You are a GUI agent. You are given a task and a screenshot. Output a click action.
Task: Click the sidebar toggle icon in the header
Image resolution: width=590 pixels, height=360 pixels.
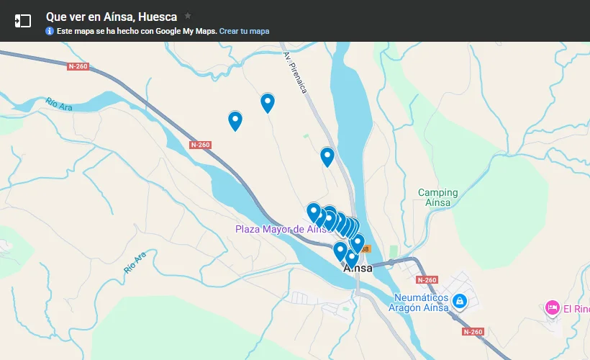[x=23, y=21]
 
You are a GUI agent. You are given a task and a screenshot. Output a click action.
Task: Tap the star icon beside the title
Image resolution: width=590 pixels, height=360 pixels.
[x=188, y=15]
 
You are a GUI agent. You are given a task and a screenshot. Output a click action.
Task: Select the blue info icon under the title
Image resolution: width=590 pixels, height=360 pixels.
[x=50, y=31]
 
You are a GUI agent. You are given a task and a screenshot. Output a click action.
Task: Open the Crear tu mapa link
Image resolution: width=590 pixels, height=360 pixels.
[x=244, y=31]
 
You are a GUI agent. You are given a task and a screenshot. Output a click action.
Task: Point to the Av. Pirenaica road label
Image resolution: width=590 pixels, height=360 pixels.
[x=296, y=72]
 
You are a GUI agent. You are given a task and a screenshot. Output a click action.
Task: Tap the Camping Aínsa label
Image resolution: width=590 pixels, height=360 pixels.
[x=438, y=197]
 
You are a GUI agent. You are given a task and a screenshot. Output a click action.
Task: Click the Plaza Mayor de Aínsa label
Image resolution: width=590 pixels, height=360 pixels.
[x=281, y=229]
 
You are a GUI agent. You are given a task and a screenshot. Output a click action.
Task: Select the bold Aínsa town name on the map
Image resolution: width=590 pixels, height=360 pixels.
[x=358, y=269]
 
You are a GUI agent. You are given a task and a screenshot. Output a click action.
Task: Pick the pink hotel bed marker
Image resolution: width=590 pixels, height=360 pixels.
[x=553, y=308]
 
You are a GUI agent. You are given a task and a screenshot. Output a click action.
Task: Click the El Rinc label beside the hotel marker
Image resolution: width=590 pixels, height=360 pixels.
[x=576, y=310]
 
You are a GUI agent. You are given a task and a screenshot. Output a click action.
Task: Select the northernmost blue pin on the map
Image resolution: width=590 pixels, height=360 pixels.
[x=268, y=102]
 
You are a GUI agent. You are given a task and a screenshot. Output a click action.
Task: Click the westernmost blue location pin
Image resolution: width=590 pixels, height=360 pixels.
[x=235, y=120]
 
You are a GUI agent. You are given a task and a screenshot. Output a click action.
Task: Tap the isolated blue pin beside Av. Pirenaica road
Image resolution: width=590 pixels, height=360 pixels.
[x=327, y=156]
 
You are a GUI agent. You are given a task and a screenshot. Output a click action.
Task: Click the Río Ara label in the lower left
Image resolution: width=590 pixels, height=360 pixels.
[x=135, y=262]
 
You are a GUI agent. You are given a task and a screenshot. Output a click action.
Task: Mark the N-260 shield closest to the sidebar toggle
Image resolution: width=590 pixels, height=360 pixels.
[x=78, y=66]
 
